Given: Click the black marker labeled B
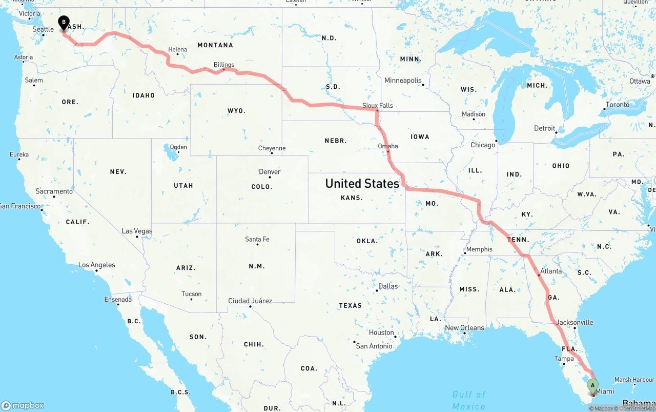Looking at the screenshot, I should [64, 23].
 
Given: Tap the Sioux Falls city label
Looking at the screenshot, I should [378, 105].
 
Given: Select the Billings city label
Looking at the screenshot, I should [224, 65].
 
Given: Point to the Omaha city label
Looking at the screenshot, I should [388, 146].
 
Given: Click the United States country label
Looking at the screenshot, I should [362, 183].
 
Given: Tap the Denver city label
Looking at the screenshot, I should [270, 171].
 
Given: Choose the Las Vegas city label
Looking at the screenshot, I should [137, 231].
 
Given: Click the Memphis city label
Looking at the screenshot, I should [479, 249].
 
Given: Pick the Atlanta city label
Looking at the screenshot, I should [551, 271].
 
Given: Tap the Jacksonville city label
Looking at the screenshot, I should [575, 322].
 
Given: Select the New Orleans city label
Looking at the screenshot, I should [464, 327].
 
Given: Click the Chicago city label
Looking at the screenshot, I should [483, 145].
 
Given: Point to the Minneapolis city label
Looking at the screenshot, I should [403, 80].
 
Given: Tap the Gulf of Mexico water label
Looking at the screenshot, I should [468, 400].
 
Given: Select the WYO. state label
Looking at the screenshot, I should [236, 110].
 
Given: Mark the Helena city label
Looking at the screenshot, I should [178, 49].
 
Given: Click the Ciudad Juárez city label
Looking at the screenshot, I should [250, 301].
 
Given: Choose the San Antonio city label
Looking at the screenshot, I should [374, 346].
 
